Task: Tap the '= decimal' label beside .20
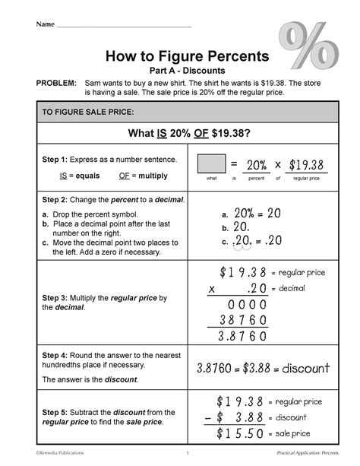pos(288,289)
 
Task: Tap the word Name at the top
pos(43,26)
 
